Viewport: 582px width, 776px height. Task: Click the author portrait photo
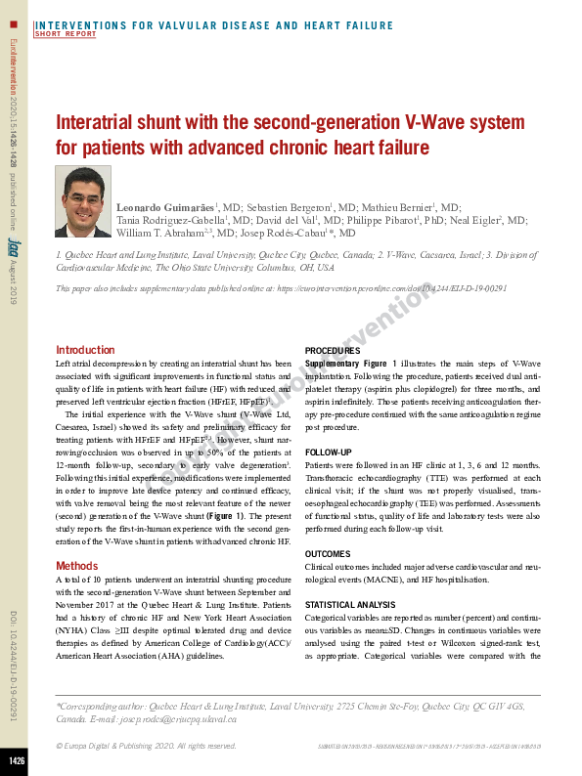(x=83, y=201)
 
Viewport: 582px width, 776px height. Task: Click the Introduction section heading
(x=85, y=350)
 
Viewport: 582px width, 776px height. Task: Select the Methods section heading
(x=76, y=566)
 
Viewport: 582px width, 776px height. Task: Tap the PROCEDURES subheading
(x=333, y=350)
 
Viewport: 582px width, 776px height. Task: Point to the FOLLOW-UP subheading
(x=329, y=453)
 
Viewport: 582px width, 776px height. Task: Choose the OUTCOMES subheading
(x=328, y=553)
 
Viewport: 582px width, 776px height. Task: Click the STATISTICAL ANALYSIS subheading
(x=351, y=605)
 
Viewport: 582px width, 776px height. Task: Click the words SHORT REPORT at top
(x=66, y=34)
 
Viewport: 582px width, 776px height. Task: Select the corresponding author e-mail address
(x=195, y=718)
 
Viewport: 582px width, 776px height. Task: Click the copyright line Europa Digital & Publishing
(x=146, y=746)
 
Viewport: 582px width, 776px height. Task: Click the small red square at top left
(x=14, y=22)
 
